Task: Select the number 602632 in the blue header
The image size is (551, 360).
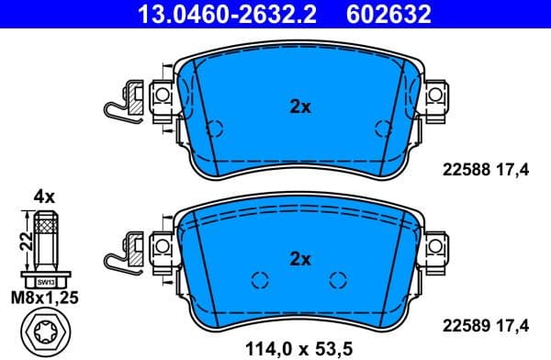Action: (388, 14)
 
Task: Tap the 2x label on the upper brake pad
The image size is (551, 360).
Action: (300, 107)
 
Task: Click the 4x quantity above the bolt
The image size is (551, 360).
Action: (44, 197)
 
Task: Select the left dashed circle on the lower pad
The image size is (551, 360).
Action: (258, 279)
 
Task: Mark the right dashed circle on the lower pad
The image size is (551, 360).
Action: (338, 279)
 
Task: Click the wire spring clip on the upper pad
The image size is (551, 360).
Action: (118, 103)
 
